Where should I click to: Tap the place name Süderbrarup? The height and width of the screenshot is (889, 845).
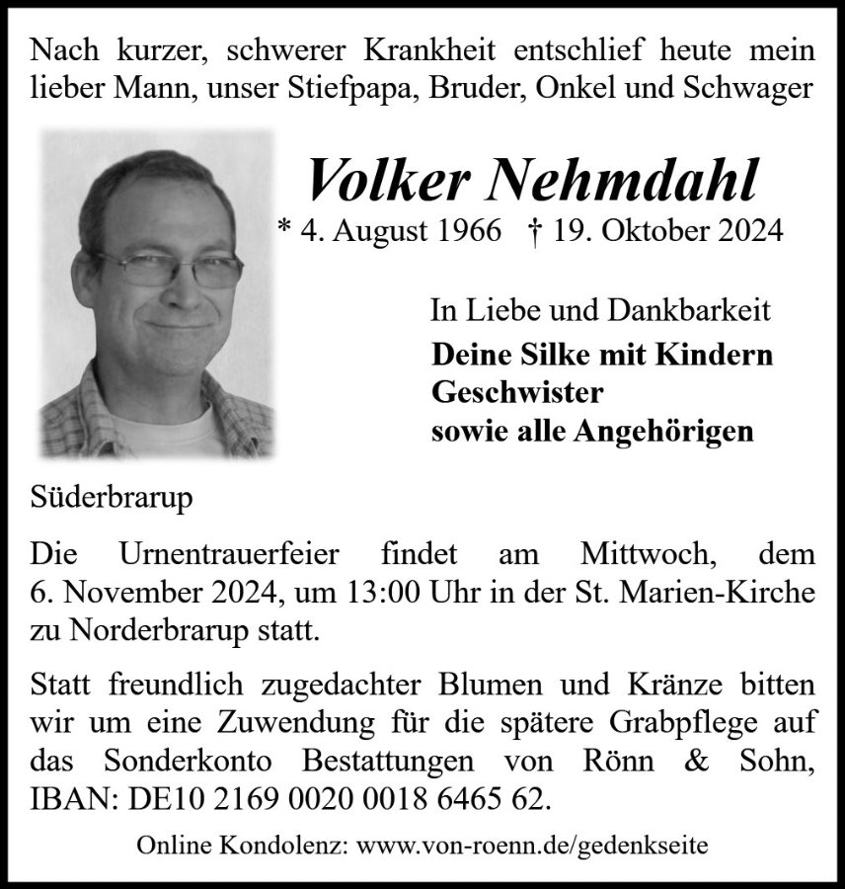click(x=112, y=496)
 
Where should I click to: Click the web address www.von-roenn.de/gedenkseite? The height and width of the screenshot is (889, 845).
click(x=532, y=847)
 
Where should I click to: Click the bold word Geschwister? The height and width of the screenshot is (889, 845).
click(x=517, y=392)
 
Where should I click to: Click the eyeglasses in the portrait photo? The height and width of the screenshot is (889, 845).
click(x=168, y=268)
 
